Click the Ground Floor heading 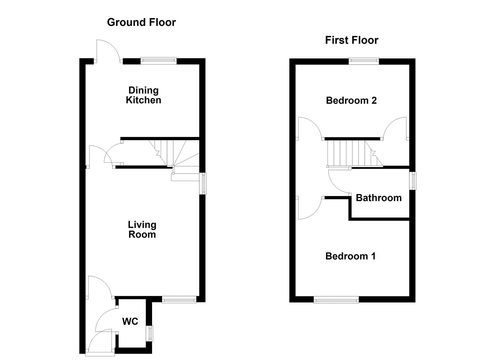click(x=141, y=22)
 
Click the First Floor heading click(x=352, y=40)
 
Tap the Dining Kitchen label click(x=144, y=95)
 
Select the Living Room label click(x=142, y=229)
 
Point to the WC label click(x=130, y=321)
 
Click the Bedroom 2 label click(x=351, y=100)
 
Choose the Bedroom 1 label click(x=350, y=256)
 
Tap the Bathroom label click(x=379, y=198)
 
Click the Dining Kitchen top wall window click(x=158, y=60)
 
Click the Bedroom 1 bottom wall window click(x=336, y=300)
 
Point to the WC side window click(x=150, y=333)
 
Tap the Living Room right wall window click(x=203, y=183)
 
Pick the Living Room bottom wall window click(x=179, y=300)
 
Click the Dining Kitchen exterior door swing click(x=107, y=51)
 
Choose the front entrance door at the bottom click(x=100, y=343)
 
